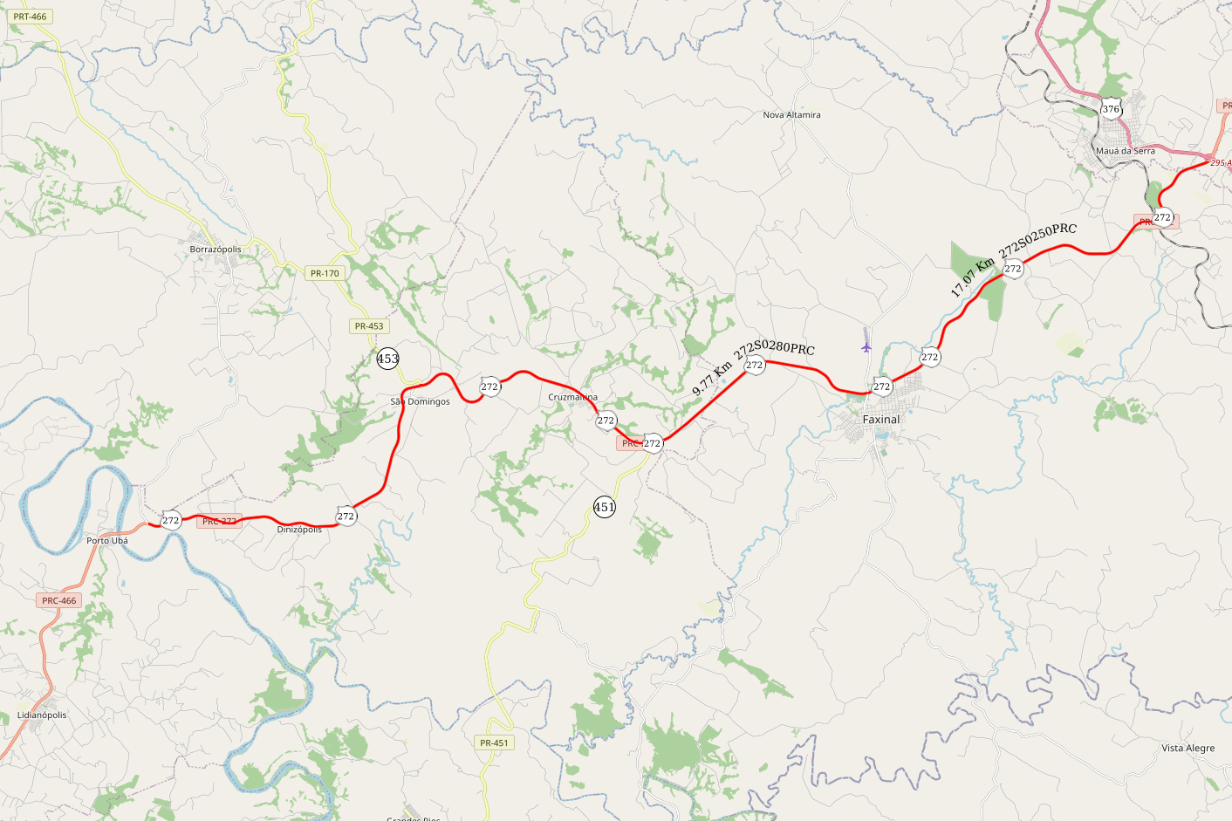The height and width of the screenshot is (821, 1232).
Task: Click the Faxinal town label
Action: tap(880, 420)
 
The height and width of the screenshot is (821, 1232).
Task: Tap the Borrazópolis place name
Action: tap(216, 250)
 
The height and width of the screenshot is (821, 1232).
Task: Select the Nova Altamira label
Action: tap(791, 115)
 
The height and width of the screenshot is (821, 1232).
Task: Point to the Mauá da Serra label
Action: tap(1125, 151)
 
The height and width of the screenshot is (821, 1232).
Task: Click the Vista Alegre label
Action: tap(1188, 748)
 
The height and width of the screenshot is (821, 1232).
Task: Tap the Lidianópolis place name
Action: tap(42, 715)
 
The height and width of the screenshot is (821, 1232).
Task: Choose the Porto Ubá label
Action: tap(107, 541)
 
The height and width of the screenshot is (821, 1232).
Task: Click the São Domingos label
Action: tap(420, 402)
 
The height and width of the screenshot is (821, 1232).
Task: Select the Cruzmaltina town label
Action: tap(572, 397)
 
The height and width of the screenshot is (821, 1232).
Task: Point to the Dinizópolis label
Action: tap(299, 530)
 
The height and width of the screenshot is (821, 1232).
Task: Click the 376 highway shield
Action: tap(1110, 109)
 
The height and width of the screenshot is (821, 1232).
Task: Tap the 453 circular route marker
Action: tap(387, 359)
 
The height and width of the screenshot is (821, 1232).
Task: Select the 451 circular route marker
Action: tap(604, 507)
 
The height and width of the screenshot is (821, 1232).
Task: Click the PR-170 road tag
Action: tap(325, 273)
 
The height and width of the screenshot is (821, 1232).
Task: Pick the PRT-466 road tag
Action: tap(30, 17)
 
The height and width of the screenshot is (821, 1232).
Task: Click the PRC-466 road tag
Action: tap(59, 600)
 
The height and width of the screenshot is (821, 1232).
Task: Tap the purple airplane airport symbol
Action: tap(866, 346)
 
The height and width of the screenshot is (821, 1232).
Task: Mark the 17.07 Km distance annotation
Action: tap(972, 277)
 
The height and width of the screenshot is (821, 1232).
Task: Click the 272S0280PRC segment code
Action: tap(774, 349)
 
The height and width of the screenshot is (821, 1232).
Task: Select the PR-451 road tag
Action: tap(494, 743)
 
